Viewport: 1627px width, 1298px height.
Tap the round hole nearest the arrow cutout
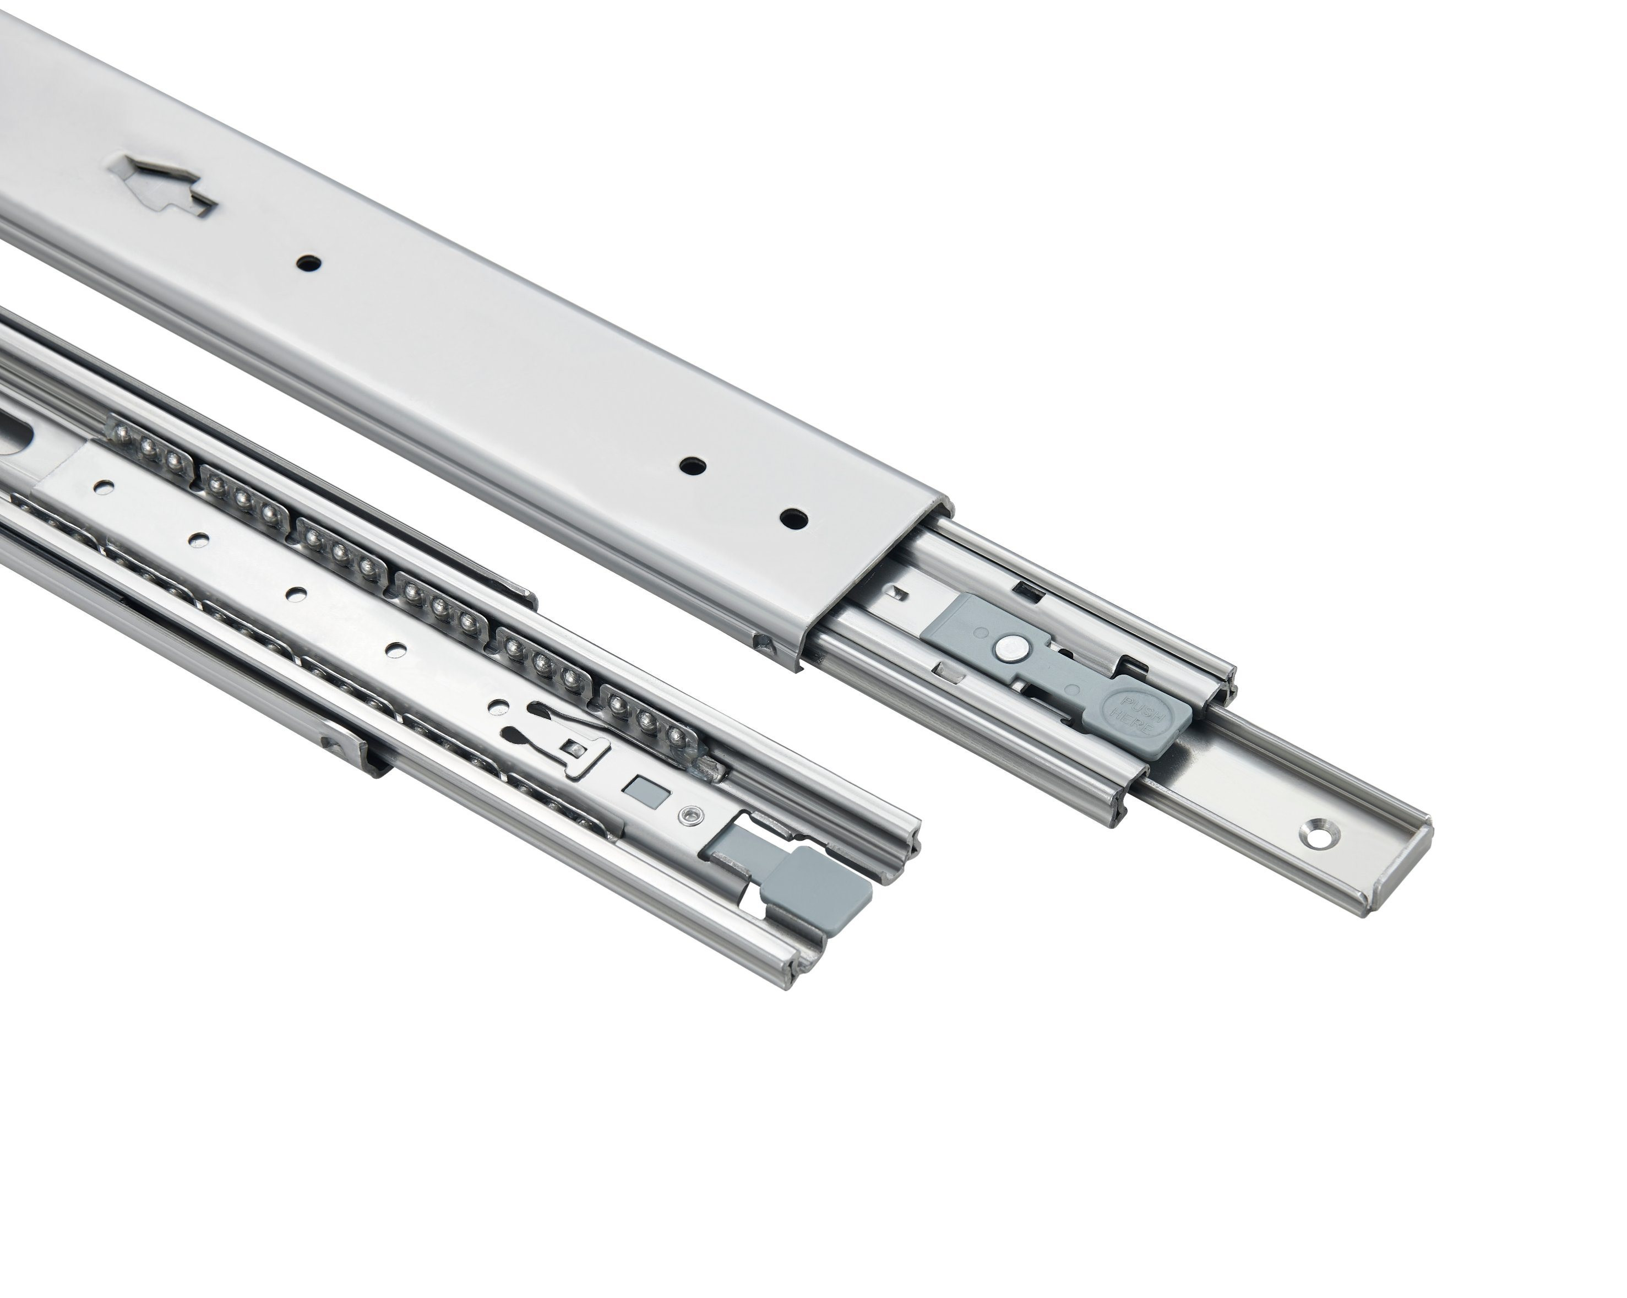[x=309, y=263]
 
